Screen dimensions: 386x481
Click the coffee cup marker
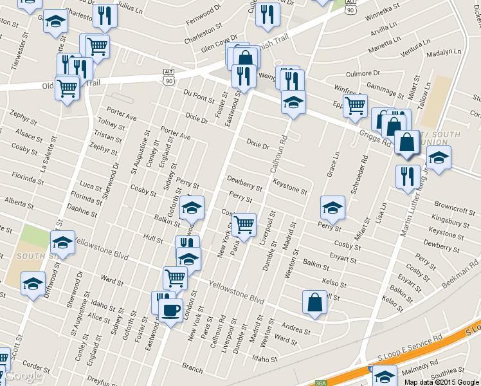170,311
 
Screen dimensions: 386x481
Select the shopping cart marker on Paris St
244,225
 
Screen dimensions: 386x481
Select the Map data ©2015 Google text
442,381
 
